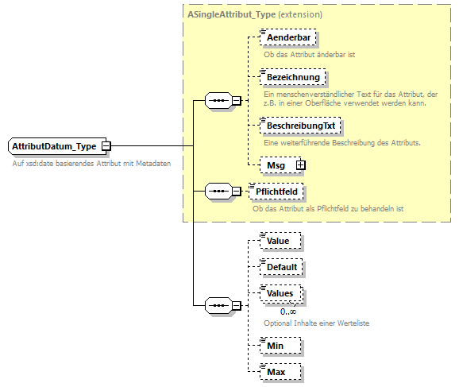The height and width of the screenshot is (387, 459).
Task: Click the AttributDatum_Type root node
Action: point(54,146)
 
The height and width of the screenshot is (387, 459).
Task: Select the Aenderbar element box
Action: point(287,37)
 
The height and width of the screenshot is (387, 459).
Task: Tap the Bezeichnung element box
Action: point(292,77)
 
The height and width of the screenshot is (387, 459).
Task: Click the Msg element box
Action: point(276,164)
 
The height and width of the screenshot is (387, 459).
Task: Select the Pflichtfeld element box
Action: point(276,191)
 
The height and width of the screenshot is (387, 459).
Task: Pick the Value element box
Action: point(280,240)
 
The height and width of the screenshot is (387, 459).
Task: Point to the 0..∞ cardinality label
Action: point(277,312)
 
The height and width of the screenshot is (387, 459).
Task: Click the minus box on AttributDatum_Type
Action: point(106,146)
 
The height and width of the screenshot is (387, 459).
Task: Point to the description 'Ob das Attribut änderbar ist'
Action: point(310,54)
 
